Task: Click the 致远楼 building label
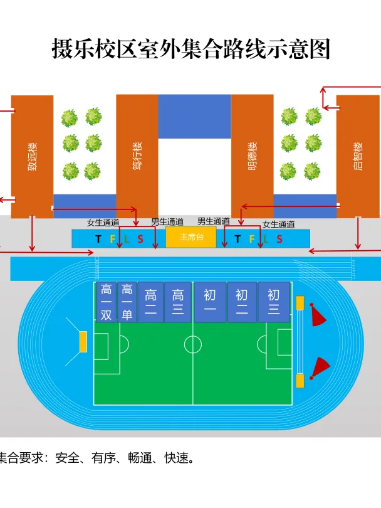click(x=33, y=156)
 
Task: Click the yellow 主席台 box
click(x=191, y=237)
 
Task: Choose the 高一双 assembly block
click(x=106, y=302)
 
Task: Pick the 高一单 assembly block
click(x=127, y=302)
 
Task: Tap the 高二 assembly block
click(x=151, y=302)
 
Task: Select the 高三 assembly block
click(x=178, y=302)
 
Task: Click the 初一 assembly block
click(x=210, y=302)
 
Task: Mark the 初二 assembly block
click(x=242, y=302)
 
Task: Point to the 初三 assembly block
click(x=274, y=302)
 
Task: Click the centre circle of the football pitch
click(x=193, y=344)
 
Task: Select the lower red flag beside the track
click(x=320, y=368)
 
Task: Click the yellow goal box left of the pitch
click(x=83, y=341)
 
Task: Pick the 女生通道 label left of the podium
click(x=103, y=223)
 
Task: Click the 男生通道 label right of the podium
click(x=214, y=221)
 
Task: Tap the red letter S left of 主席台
click(x=140, y=239)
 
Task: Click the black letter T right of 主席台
click(x=237, y=239)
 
